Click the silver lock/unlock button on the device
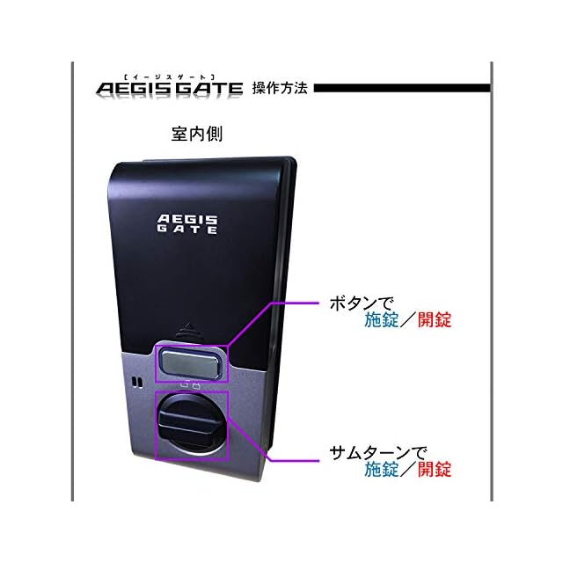tap(191, 360)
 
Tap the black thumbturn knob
tap(190, 425)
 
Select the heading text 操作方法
tap(280, 88)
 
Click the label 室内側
tap(196, 137)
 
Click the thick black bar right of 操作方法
tap(401, 88)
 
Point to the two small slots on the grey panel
tap(135, 383)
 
